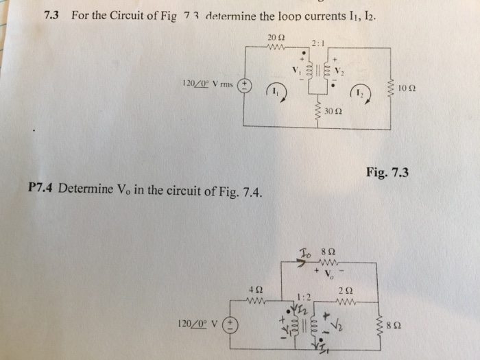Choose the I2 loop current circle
363,93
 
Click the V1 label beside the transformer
296,70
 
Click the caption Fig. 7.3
387,173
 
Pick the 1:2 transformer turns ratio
304,296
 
